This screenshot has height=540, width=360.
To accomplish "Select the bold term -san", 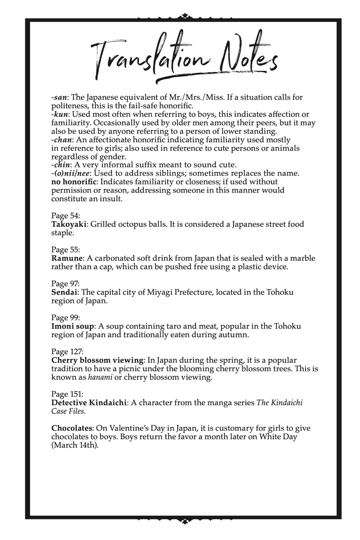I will click(59, 98).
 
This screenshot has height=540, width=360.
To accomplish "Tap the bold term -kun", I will click(60, 114).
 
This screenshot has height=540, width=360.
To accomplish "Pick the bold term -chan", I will click(62, 140).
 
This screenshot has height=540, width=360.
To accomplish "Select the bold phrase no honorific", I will click(74, 182).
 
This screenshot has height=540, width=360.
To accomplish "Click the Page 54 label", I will click(66, 216).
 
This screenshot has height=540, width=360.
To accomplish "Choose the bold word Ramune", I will click(67, 258).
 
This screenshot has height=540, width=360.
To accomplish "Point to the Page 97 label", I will click(66, 284).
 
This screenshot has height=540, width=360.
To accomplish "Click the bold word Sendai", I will click(64, 292).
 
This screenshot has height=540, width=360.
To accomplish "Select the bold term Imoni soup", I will click(72, 326).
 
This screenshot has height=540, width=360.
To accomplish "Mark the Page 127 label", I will click(67, 352).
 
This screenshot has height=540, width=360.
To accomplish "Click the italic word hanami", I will click(100, 378).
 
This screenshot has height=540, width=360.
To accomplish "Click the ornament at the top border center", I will click(184, 16).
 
